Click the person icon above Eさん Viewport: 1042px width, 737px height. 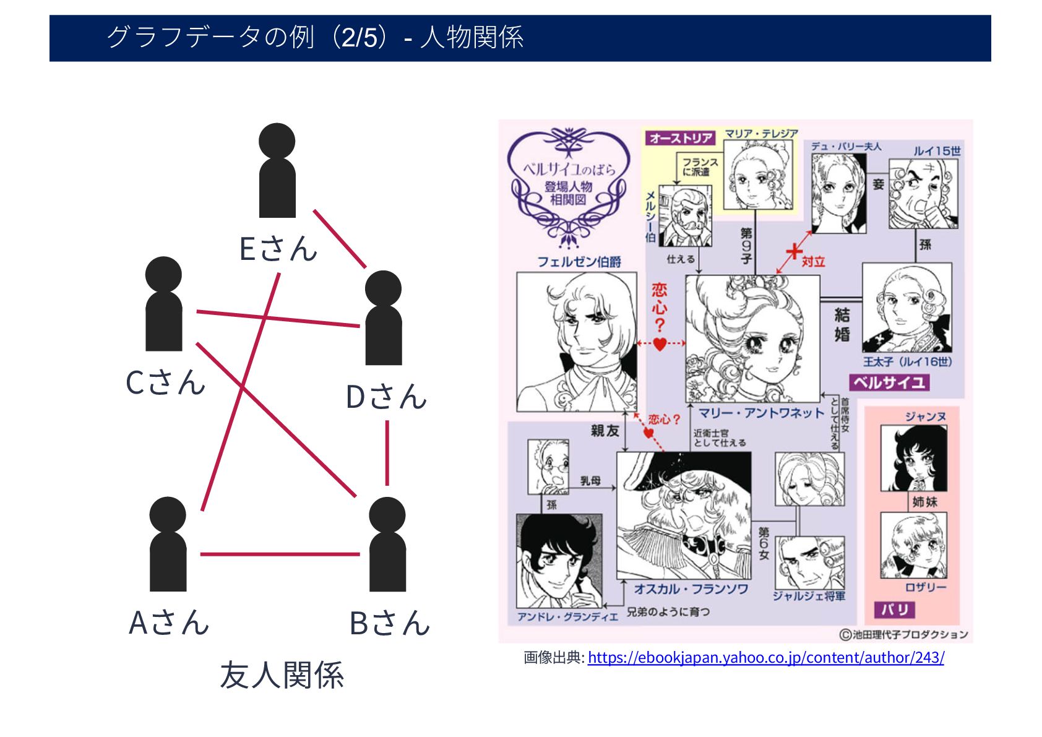(x=277, y=170)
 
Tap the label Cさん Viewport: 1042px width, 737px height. (x=165, y=382)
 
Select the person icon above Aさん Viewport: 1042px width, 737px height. (x=168, y=544)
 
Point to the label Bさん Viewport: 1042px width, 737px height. (x=389, y=623)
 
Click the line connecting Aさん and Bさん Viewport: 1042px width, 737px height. (x=280, y=554)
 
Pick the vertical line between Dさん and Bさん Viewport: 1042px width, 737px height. (x=387, y=453)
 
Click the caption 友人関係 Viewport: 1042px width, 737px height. (x=282, y=675)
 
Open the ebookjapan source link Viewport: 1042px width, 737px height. (x=765, y=657)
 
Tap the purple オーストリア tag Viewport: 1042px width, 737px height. (x=681, y=138)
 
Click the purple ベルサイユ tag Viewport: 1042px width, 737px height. (x=889, y=382)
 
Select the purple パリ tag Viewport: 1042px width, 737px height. (x=895, y=610)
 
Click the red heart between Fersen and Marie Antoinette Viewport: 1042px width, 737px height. (x=660, y=343)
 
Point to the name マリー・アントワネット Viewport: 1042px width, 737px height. (x=760, y=413)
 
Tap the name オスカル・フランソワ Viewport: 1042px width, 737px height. (x=691, y=589)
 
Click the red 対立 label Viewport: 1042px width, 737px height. (x=813, y=262)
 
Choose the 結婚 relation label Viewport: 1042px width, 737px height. (x=842, y=324)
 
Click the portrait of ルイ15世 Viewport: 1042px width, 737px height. (x=923, y=194)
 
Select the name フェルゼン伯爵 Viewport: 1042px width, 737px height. (x=579, y=262)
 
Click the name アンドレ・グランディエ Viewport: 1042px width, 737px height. (x=567, y=617)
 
